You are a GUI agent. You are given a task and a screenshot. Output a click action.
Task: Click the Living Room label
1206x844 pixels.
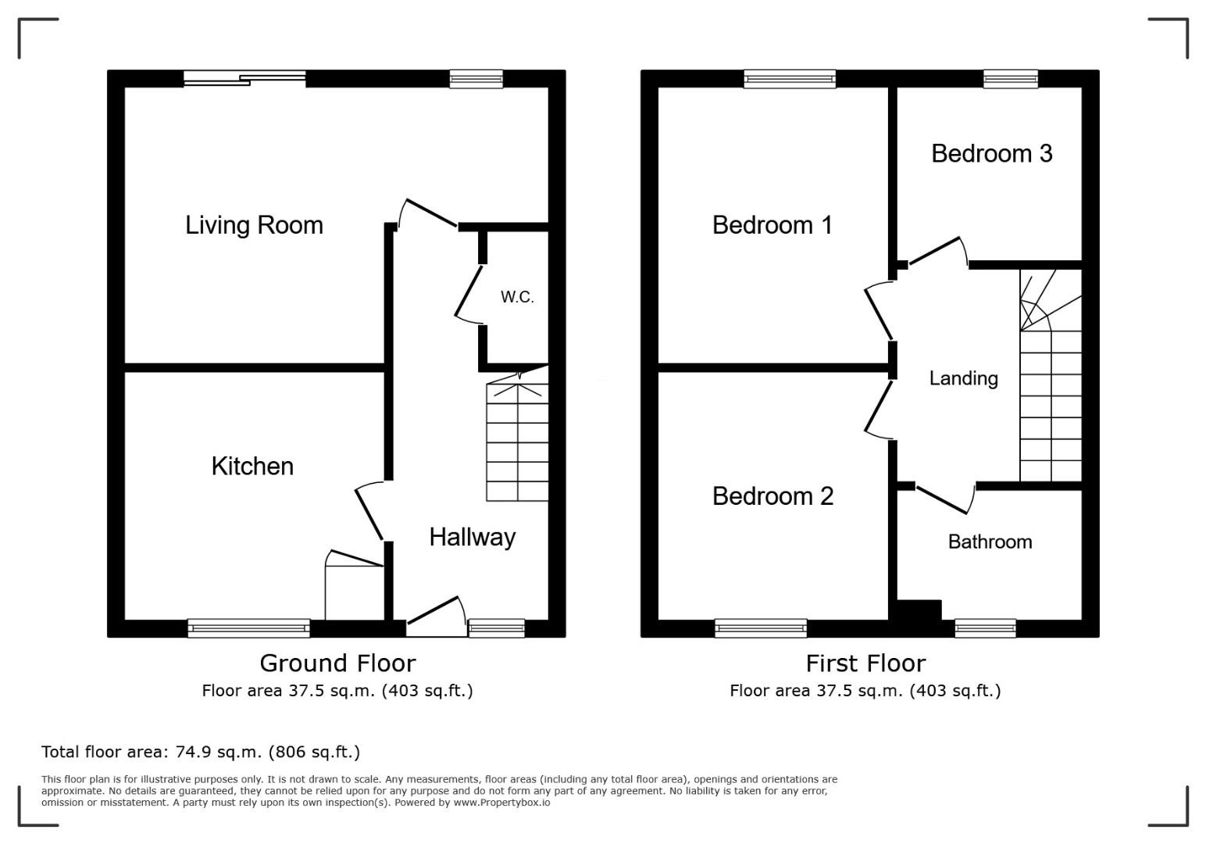(x=254, y=225)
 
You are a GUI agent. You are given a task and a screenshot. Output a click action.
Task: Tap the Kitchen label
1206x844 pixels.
(x=252, y=467)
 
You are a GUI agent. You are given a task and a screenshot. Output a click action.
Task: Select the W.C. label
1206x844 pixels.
(x=517, y=297)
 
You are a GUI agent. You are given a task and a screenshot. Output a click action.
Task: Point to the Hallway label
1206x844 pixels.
(x=473, y=538)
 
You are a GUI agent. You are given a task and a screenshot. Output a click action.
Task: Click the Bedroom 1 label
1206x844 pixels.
(x=772, y=225)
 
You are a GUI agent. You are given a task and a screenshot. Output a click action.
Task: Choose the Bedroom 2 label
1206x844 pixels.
(x=772, y=496)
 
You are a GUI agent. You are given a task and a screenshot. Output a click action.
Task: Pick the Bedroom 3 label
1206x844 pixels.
(x=992, y=153)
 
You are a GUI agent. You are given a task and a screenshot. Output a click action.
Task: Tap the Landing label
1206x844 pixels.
(x=964, y=379)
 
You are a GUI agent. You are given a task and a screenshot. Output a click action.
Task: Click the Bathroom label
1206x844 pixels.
(x=990, y=542)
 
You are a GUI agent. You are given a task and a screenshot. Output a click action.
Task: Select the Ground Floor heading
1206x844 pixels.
(x=337, y=663)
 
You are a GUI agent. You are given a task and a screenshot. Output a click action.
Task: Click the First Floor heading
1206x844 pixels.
(x=865, y=663)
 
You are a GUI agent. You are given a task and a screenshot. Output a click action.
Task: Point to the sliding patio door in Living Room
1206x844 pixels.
(x=245, y=79)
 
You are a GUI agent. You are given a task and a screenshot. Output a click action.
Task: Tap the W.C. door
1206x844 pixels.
(x=469, y=294)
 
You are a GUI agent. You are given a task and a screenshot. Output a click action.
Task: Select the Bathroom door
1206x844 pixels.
(x=945, y=499)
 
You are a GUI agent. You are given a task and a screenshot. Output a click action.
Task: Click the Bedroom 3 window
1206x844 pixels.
(x=1011, y=79)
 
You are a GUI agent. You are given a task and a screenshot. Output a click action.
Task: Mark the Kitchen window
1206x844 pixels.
(x=248, y=628)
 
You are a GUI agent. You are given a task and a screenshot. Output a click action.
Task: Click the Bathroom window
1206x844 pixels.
(x=985, y=628)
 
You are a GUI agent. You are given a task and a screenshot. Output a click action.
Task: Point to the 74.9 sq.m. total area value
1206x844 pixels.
(x=219, y=752)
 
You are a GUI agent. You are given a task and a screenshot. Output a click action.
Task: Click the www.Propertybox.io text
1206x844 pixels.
(x=501, y=803)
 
